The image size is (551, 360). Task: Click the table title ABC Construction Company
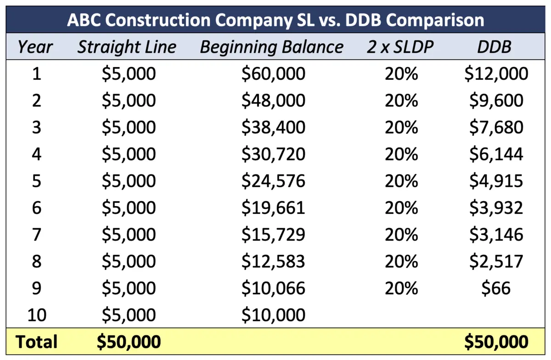point(275,20)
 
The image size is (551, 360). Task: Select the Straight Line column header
point(127,47)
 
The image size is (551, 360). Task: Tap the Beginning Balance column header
point(272,47)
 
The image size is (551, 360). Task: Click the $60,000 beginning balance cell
point(273,74)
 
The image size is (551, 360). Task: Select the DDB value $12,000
point(496,74)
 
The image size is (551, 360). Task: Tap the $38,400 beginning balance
point(273,127)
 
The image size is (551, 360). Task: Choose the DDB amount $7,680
point(496,127)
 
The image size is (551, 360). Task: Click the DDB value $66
point(496,288)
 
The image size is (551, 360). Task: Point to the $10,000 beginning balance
point(273,315)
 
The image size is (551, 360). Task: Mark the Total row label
point(37,342)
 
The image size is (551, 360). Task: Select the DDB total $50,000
point(496,342)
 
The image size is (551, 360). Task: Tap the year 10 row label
point(37,315)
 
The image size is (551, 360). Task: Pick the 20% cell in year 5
point(401,181)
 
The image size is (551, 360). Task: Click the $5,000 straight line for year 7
point(129,235)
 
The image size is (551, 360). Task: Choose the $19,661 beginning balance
point(273,208)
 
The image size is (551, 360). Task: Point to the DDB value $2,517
point(496,261)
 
